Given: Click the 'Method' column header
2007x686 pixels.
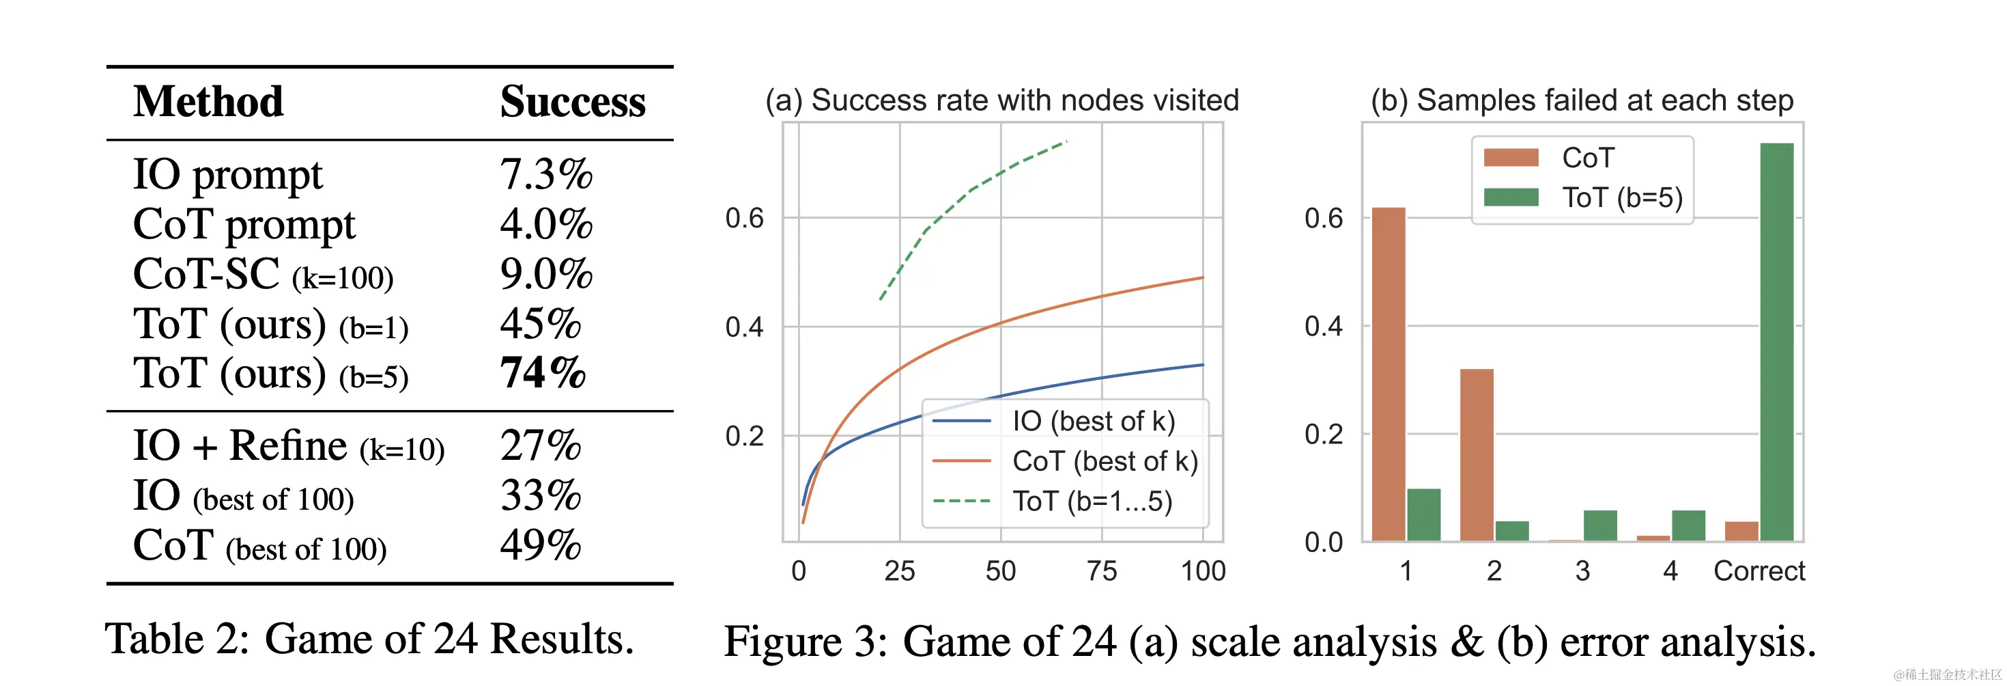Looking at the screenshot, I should tap(208, 102).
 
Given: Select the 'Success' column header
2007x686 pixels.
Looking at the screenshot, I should tap(573, 102).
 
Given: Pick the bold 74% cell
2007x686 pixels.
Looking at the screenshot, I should tap(542, 372).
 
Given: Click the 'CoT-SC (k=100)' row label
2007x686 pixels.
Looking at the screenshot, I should tap(264, 275).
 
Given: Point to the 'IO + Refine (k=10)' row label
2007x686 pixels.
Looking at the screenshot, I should tap(288, 446).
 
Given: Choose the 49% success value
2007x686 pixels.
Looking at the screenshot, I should tap(541, 545).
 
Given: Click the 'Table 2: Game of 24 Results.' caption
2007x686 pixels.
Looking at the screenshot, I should tap(369, 640).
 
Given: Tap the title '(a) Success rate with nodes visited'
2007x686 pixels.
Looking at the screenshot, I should tap(1002, 100).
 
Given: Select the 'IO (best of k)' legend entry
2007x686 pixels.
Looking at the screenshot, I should tap(1093, 421).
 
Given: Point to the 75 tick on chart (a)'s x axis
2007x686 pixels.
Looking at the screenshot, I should tap(1102, 571).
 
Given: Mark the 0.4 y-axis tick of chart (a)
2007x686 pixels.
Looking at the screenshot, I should tap(744, 327).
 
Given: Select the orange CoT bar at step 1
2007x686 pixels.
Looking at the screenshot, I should tap(1389, 374).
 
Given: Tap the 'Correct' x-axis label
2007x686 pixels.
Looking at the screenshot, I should tap(1759, 571).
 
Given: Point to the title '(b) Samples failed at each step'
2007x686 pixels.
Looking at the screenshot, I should tap(1582, 100).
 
